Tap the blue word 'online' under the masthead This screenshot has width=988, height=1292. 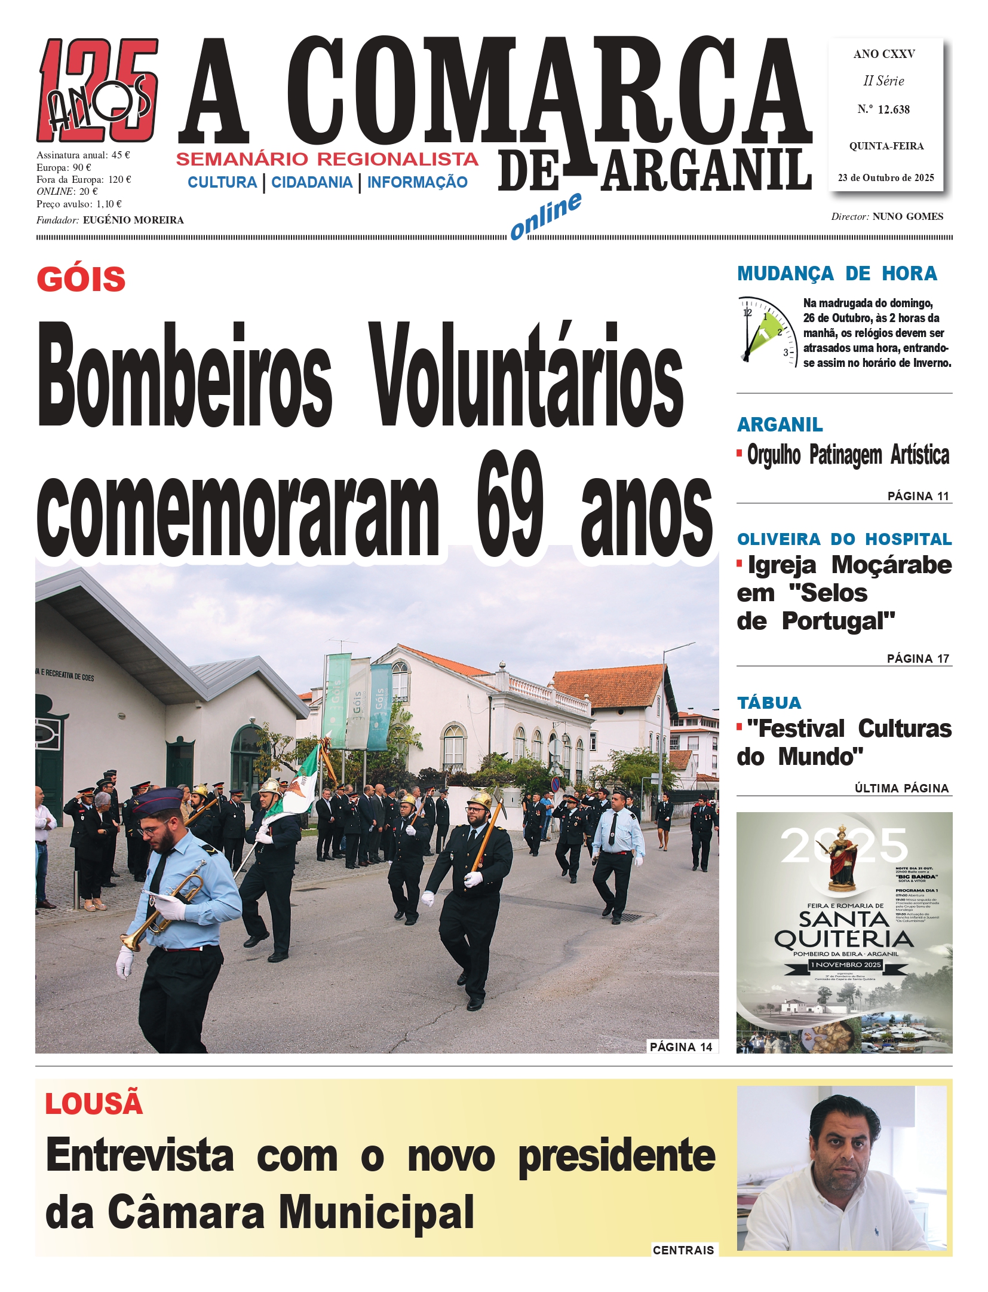[545, 216]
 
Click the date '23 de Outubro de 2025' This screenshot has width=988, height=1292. [885, 177]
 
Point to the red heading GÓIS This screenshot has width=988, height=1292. [81, 279]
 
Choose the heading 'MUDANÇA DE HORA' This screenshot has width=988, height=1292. [837, 274]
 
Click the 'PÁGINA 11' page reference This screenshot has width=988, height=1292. [918, 496]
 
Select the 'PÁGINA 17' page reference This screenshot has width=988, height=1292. [918, 659]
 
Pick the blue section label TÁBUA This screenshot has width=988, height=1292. [769, 702]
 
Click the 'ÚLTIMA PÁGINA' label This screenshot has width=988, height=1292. [901, 788]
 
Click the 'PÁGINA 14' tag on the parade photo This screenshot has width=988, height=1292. [681, 1046]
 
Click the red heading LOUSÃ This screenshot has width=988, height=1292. [94, 1103]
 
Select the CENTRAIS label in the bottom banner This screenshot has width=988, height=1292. [683, 1250]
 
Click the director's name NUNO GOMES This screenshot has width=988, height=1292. [907, 216]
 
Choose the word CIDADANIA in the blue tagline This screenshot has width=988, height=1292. [312, 182]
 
